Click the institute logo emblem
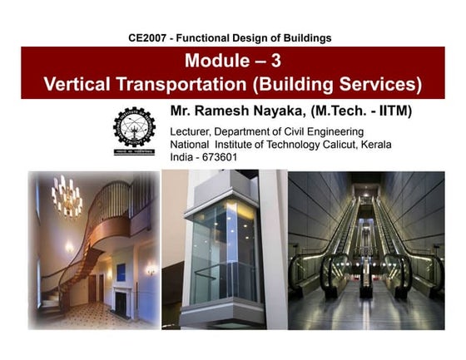133,131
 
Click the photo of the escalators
366,249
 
